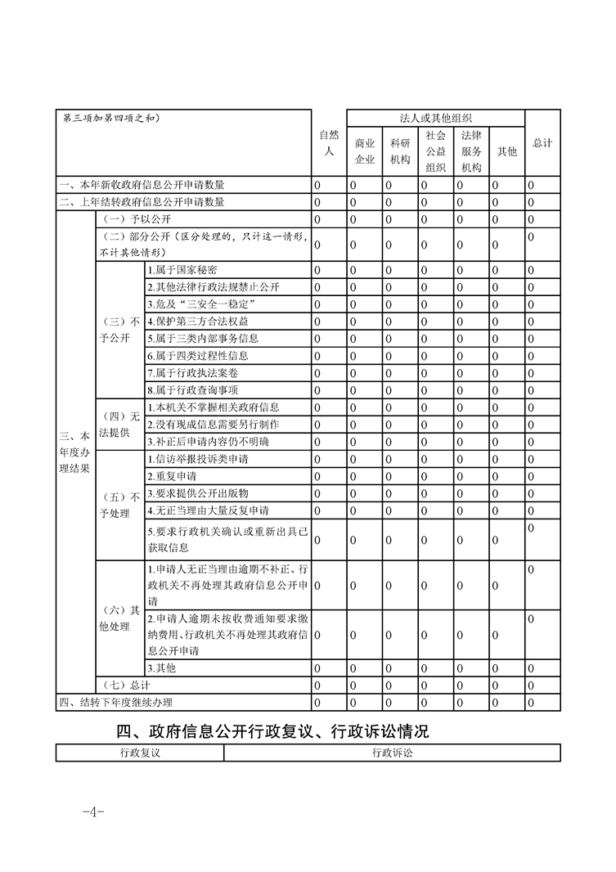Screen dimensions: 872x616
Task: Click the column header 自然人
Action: click(x=328, y=143)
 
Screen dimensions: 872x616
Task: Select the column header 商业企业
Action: click(x=364, y=151)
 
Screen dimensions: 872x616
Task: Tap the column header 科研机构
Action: click(x=400, y=151)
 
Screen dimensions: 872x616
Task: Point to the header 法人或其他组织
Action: click(x=435, y=118)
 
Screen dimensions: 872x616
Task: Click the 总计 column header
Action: click(x=542, y=143)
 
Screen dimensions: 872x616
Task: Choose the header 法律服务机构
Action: click(x=471, y=151)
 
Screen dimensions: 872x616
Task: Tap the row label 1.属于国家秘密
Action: click(x=182, y=270)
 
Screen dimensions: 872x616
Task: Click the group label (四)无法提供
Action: click(x=119, y=425)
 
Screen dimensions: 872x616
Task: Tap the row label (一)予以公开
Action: click(x=134, y=219)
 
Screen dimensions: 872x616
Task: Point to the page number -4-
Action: click(x=92, y=812)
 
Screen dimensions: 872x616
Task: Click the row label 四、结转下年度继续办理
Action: click(x=116, y=702)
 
